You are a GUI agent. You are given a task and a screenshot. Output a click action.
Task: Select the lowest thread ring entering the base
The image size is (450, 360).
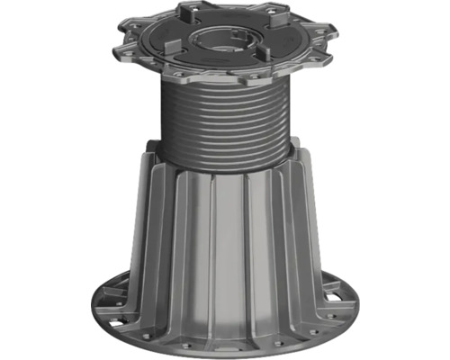coord(222,165)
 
